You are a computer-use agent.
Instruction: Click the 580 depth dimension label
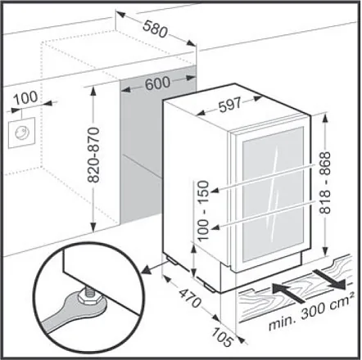click(x=155, y=29)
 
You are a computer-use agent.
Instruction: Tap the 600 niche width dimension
click(x=157, y=83)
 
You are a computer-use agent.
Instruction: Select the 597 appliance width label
click(x=230, y=104)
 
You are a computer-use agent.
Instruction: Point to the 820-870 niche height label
click(x=93, y=155)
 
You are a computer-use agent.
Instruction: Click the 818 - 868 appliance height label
click(x=325, y=182)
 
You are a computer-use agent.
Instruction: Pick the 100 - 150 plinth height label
click(x=203, y=210)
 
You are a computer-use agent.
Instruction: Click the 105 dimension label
click(x=223, y=337)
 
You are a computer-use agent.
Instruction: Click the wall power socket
click(x=21, y=133)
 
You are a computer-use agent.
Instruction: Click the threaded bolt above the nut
click(x=88, y=288)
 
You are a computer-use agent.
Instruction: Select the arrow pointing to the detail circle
click(x=153, y=268)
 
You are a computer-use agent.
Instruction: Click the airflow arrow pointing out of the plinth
click(x=330, y=279)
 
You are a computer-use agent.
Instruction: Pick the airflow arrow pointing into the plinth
click(x=288, y=293)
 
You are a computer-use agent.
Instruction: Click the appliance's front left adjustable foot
click(x=212, y=287)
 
